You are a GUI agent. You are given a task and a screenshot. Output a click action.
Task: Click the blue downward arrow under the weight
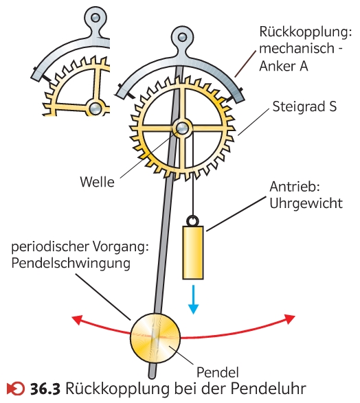point(193,299)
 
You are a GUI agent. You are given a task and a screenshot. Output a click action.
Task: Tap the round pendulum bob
point(155,338)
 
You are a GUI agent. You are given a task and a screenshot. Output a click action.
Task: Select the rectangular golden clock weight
point(193,253)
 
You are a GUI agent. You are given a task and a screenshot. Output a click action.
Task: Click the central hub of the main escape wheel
point(183,128)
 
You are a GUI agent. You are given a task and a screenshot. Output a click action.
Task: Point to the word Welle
point(97,182)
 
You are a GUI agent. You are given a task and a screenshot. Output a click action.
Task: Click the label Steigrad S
point(304,106)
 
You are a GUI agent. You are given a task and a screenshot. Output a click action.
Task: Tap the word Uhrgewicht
point(306,203)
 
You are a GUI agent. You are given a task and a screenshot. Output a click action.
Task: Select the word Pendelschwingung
point(71,263)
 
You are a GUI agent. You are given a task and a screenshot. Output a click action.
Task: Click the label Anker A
point(284,66)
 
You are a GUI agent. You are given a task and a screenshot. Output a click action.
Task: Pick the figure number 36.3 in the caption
point(45,389)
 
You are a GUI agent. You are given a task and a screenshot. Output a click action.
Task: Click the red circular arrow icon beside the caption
point(16,389)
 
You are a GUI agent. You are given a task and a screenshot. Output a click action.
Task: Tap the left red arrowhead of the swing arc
point(77,320)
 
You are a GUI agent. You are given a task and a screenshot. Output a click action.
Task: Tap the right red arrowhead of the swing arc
point(290,319)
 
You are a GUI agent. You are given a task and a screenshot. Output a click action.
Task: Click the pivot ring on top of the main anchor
point(182,37)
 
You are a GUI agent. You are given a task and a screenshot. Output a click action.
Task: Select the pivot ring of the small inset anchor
point(95,17)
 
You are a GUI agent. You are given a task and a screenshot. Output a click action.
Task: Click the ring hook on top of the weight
point(192,220)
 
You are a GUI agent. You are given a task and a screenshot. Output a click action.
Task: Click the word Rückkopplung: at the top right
point(306,32)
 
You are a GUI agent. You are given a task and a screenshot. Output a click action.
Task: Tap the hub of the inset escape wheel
point(95,108)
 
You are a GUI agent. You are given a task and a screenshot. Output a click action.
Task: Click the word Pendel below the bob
point(218,372)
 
